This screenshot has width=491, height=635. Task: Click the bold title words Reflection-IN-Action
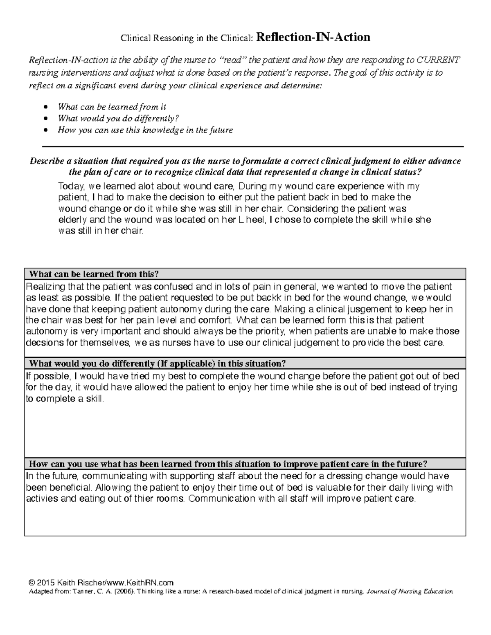[313, 38]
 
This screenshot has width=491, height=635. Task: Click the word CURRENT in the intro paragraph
[438, 61]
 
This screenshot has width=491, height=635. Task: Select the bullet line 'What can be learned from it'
[112, 107]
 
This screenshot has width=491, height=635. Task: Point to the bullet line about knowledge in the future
[145, 130]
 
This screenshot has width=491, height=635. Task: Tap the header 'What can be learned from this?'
[92, 274]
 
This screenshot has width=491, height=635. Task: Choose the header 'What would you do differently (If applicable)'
[155, 363]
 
